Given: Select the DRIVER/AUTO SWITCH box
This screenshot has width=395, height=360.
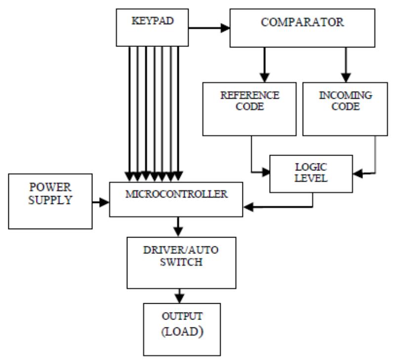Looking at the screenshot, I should [179, 257].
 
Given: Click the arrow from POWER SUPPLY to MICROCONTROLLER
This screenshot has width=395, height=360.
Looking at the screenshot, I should [101, 201].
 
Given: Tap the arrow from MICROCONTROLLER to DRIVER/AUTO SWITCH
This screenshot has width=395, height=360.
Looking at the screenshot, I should [179, 226].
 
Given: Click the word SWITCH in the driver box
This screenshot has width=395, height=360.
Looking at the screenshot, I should [179, 262].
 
